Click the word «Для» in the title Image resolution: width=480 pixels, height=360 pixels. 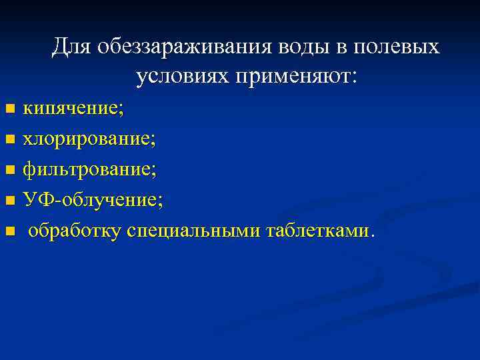coord(71,47)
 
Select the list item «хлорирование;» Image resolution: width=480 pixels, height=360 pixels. coord(89,139)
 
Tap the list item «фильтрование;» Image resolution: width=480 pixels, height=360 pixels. coord(89,169)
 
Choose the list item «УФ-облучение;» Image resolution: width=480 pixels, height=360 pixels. coord(93,199)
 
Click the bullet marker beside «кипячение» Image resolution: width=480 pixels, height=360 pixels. coord(9,108)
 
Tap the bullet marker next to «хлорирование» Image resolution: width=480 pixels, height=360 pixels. coord(9,139)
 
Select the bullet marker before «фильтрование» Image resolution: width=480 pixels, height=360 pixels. coord(9,170)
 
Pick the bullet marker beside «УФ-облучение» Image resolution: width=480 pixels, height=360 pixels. coord(9,200)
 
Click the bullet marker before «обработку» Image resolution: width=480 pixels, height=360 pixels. coord(9,231)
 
